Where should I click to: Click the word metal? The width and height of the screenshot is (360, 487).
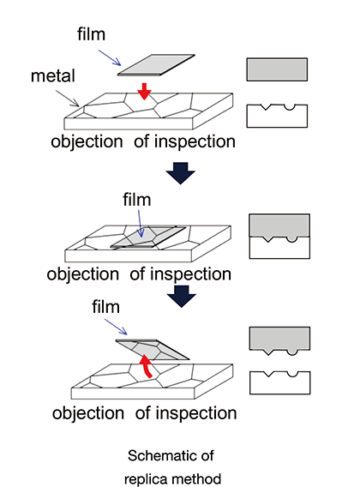click(x=53, y=75)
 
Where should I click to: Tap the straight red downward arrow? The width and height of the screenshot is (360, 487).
click(x=144, y=91)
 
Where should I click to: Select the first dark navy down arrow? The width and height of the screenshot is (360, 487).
click(x=180, y=173)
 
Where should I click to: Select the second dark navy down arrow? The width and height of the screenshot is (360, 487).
click(x=182, y=297)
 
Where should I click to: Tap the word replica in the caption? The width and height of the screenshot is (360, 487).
click(x=142, y=479)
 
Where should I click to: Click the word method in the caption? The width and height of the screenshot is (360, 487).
click(x=193, y=478)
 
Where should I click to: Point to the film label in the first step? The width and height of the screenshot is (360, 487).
click(x=91, y=33)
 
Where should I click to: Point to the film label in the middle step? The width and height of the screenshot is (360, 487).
click(x=136, y=200)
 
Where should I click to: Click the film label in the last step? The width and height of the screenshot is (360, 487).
click(x=105, y=307)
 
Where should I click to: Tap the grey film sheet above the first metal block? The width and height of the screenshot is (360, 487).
click(x=156, y=65)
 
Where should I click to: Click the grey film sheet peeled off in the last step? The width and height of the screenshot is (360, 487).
click(x=153, y=350)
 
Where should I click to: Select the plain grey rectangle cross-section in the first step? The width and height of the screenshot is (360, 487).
click(x=277, y=69)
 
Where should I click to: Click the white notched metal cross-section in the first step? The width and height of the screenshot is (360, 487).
click(x=277, y=116)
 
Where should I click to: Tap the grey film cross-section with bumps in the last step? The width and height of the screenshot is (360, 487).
click(x=279, y=340)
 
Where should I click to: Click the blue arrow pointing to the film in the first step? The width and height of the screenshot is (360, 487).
click(x=110, y=57)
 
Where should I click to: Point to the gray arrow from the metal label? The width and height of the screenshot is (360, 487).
click(x=68, y=99)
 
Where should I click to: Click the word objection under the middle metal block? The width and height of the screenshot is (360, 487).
click(x=82, y=274)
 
